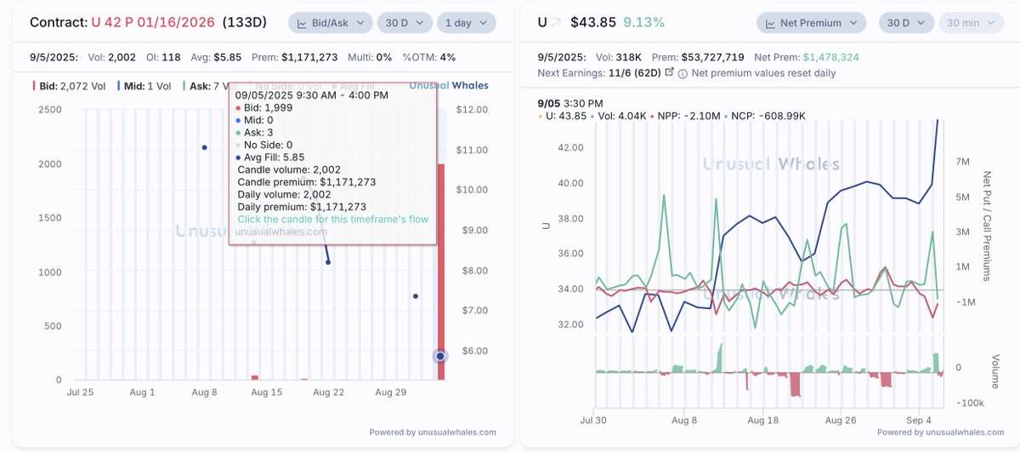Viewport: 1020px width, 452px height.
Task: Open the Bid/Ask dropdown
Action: [x=330, y=22]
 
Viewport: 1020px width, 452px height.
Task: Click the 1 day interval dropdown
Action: [x=468, y=22]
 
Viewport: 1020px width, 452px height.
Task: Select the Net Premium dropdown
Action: [x=812, y=22]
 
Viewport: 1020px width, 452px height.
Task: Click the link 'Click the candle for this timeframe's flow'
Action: [x=333, y=219]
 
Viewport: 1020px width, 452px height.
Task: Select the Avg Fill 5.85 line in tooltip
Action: [x=273, y=156]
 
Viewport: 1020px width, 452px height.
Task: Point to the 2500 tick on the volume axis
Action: [x=48, y=110]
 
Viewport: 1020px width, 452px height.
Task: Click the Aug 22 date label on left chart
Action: [x=328, y=392]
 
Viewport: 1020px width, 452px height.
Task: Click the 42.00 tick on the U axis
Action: [x=564, y=147]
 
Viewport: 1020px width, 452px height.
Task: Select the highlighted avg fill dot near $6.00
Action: [x=440, y=356]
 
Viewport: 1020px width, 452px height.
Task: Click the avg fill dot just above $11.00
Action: [x=204, y=147]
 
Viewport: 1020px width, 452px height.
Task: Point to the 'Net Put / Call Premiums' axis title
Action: [x=988, y=226]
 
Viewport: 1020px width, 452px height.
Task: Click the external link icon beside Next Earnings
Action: [x=669, y=72]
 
